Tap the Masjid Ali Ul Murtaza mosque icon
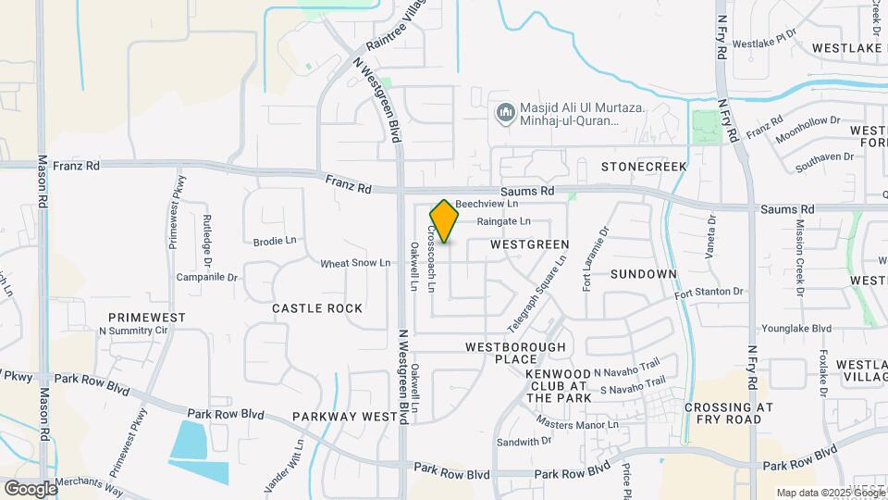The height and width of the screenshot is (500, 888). pos(505,114)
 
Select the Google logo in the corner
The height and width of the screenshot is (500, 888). pos(31,488)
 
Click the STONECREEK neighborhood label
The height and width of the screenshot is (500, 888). pos(644,167)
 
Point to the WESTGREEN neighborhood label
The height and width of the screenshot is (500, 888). pos(529,244)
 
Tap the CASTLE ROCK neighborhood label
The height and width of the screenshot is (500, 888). pos(317,307)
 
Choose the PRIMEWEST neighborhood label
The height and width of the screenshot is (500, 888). pos(146,317)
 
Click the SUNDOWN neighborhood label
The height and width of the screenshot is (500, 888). pos(644,274)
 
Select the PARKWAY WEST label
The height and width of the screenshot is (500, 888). pos(344,417)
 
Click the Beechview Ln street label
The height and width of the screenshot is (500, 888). pos(487,203)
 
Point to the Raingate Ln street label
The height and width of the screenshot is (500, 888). pos(503,221)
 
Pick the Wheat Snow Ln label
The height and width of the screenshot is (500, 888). pos(355,263)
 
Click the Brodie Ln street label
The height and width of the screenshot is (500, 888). pos(275,241)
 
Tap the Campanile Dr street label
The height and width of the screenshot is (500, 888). pos(207,277)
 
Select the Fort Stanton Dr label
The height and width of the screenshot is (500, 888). pos(709,293)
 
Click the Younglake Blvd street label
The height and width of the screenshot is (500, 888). pos(795,328)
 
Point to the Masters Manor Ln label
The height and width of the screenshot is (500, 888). pos(577,424)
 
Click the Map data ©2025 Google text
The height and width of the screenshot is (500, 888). pos(829,493)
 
